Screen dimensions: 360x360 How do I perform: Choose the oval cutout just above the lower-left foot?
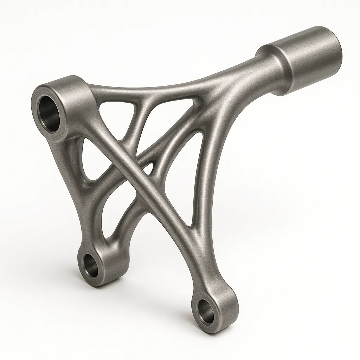click(111, 218)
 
